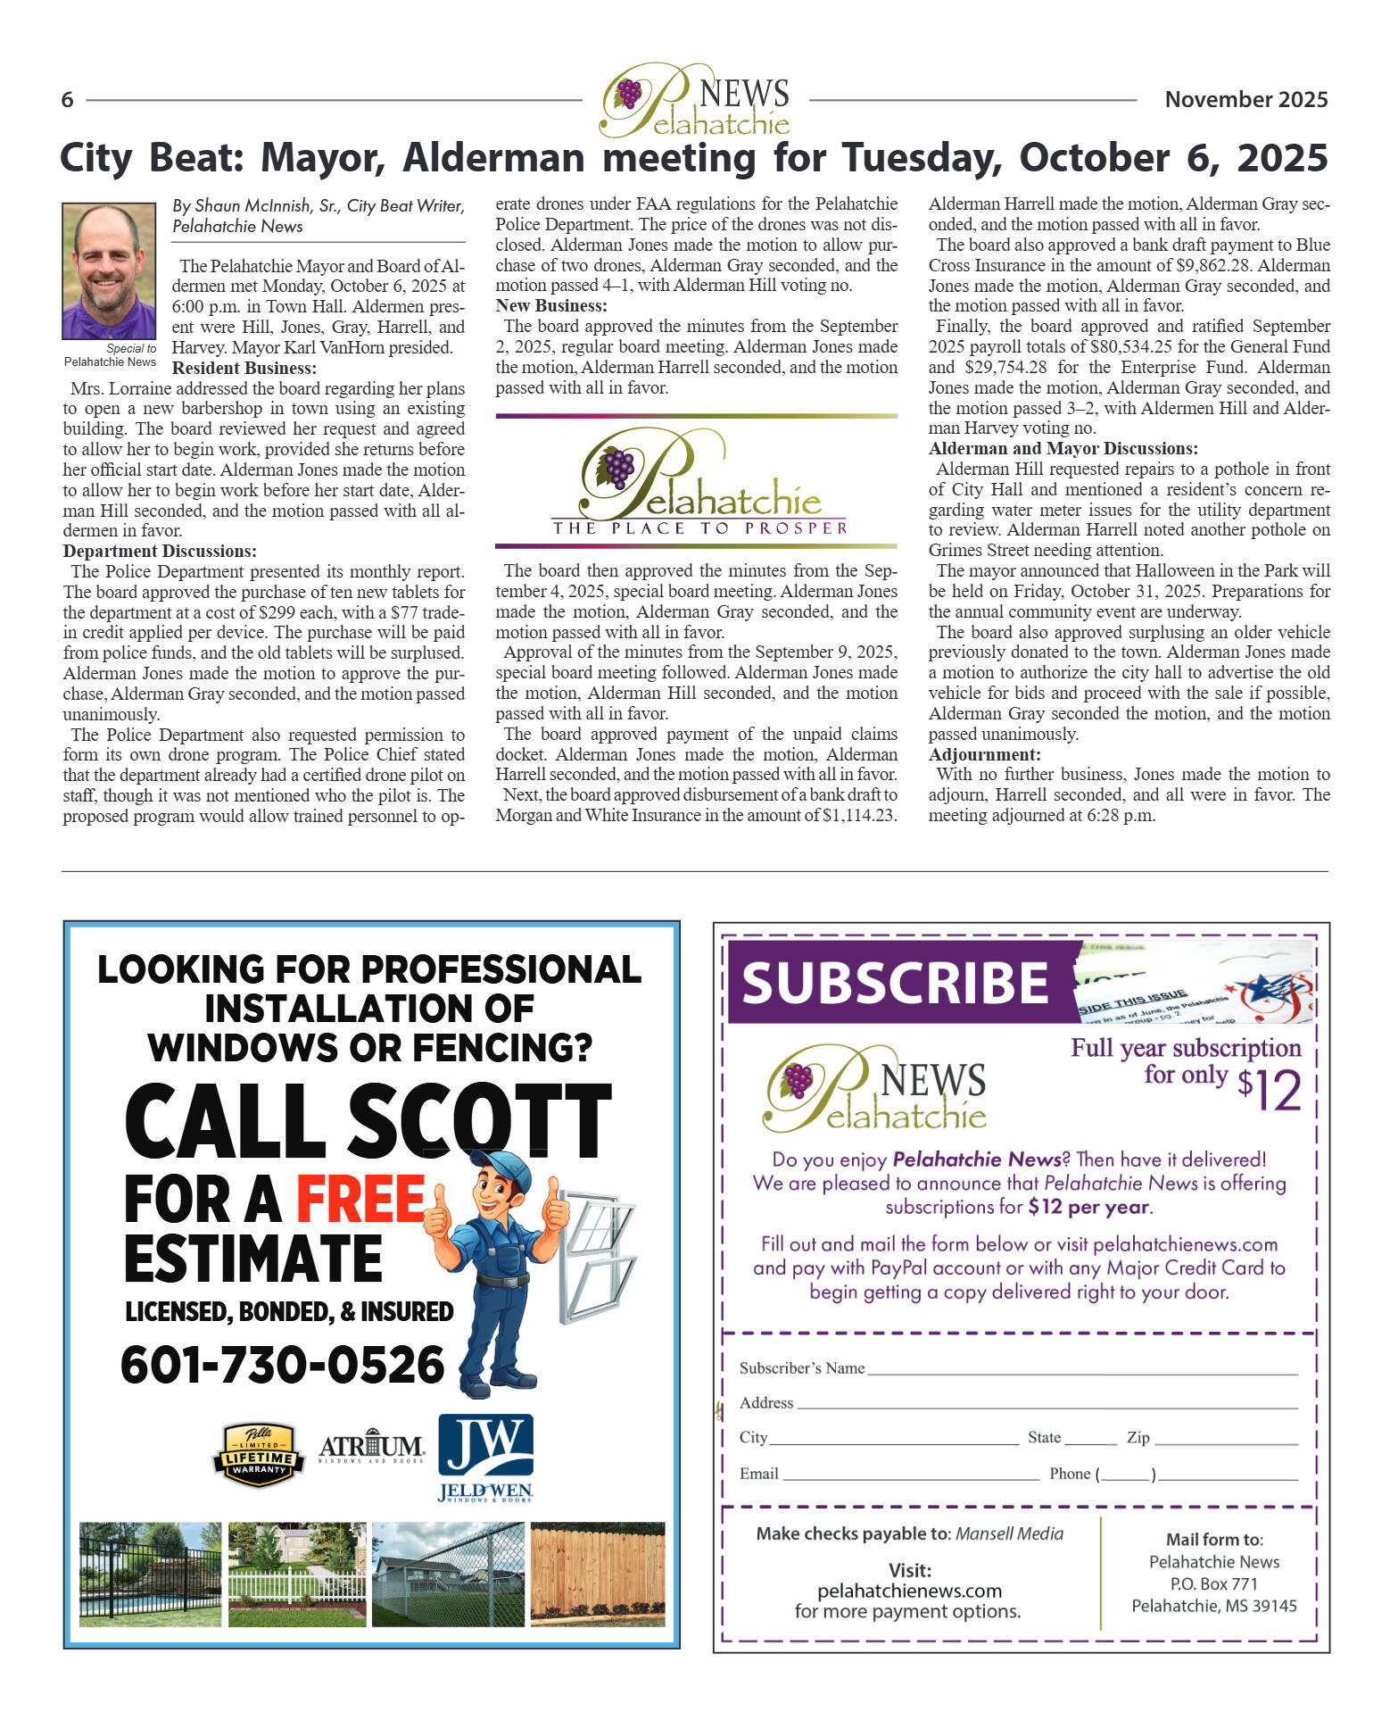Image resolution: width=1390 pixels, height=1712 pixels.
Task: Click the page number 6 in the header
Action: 67,99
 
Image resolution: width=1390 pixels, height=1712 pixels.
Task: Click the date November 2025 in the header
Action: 1245,99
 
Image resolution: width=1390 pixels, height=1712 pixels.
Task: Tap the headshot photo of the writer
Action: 109,270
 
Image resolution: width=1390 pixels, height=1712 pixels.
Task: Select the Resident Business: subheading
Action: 244,368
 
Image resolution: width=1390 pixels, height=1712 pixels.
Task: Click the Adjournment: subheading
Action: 984,754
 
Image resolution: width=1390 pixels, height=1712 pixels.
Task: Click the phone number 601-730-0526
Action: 282,1365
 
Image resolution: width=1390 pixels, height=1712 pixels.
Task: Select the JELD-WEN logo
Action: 485,1458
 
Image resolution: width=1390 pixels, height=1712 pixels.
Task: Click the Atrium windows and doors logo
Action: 371,1448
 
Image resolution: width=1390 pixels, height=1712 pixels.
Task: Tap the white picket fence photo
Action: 297,1575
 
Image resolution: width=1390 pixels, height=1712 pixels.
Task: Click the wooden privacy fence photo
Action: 597,1575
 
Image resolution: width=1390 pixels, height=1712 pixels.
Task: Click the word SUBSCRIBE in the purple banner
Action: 895,983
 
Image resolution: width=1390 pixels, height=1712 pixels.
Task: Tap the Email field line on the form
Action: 911,1478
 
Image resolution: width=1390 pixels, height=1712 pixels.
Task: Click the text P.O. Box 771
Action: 1213,1584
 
